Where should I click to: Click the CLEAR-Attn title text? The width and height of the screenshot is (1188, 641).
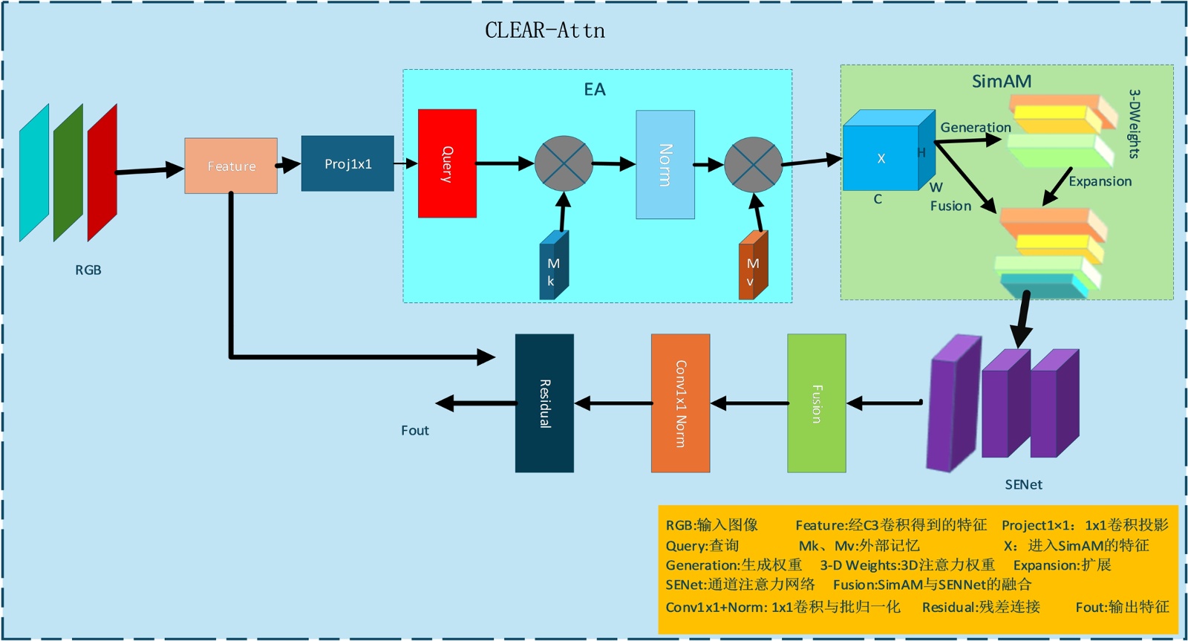544,30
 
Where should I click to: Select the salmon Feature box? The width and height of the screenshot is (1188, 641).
231,166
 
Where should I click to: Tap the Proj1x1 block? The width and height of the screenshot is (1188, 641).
347,163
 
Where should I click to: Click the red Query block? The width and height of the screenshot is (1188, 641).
447,163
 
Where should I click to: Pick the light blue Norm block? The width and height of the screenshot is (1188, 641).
665,165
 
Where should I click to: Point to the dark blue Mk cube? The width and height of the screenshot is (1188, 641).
553,267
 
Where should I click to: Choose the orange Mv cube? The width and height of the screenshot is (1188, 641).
753,267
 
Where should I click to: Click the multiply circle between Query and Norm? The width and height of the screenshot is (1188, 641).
564,163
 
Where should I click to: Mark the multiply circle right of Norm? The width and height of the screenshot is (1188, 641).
753,165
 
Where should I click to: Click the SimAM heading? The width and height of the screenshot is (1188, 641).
1002,81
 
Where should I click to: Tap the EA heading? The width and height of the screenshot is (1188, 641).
595,90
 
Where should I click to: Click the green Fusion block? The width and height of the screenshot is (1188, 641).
817,403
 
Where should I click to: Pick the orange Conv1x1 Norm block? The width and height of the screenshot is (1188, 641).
680,403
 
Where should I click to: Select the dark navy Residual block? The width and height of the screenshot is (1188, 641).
544,403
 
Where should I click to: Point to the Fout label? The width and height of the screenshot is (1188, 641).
414,431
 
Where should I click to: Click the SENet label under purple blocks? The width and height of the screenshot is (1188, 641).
1023,485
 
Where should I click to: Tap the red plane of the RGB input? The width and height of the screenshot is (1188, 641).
102,172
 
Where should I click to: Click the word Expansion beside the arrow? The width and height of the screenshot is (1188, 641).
1100,181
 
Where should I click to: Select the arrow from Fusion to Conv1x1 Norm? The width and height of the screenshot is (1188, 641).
749,403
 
